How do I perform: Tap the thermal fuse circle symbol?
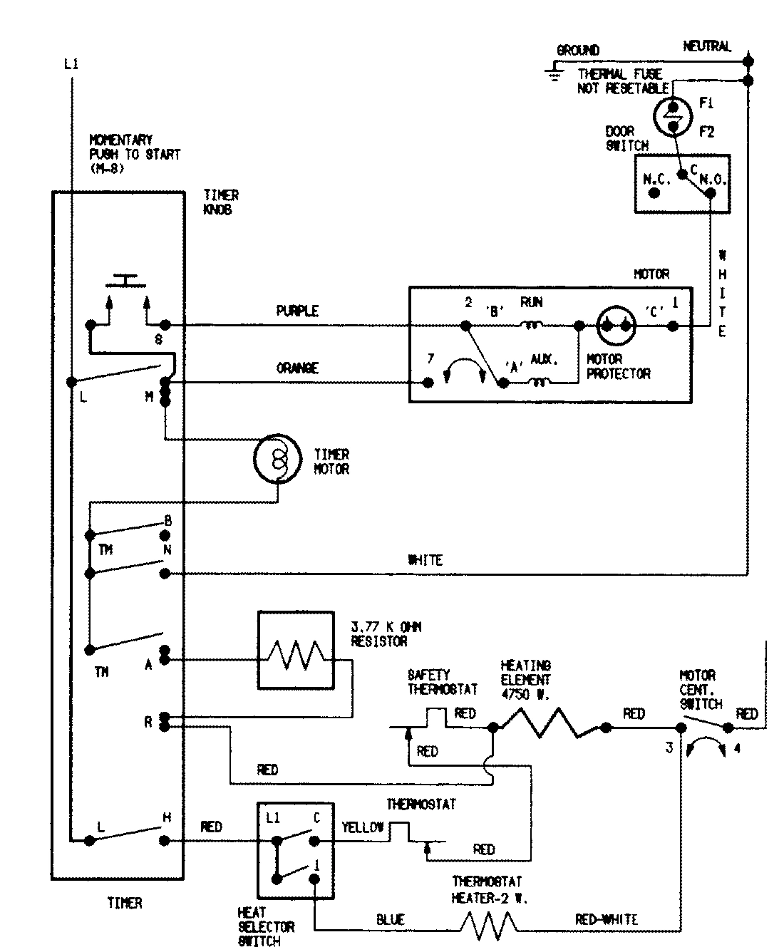(x=672, y=116)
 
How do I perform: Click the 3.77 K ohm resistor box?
(x=295, y=650)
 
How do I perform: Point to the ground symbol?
(x=552, y=68)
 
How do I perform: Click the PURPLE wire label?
(x=297, y=311)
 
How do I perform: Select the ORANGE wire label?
(x=297, y=368)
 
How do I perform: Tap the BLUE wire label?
(x=390, y=920)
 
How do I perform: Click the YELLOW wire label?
(x=363, y=827)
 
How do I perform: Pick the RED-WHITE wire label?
(x=606, y=920)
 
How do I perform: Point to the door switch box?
(x=682, y=183)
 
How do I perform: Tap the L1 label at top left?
(x=71, y=64)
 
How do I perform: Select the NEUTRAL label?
(x=707, y=46)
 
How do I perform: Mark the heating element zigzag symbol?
(x=549, y=725)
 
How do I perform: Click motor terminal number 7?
(x=430, y=358)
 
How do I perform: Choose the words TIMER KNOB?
(x=221, y=202)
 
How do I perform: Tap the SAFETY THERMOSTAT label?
(x=442, y=682)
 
